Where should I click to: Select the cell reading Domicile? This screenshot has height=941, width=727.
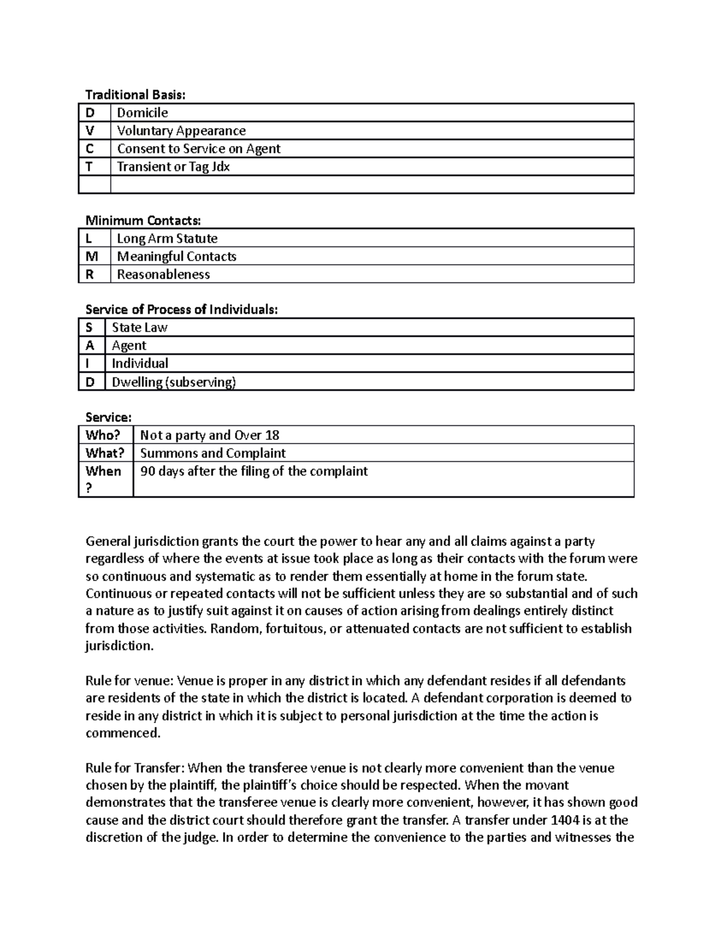142,113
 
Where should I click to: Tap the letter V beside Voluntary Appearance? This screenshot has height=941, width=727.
90,131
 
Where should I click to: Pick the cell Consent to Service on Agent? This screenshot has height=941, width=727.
199,149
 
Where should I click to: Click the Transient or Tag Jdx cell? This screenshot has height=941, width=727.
173,167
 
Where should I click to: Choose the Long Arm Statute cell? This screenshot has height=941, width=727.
167,239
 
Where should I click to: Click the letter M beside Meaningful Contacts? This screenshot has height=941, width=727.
91,256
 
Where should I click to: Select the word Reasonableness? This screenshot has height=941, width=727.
164,274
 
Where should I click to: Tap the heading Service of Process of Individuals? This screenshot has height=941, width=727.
182,310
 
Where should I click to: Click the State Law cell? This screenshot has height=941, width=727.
140,328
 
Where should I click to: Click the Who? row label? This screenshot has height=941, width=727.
103,435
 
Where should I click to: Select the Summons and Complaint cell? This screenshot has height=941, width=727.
213,453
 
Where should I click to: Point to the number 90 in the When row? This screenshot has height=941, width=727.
147,471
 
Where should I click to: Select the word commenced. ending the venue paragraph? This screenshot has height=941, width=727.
123,733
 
